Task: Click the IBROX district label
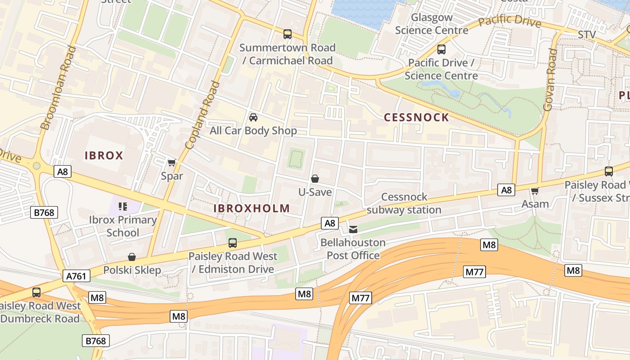point(104,156)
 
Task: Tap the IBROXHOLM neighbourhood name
point(252,208)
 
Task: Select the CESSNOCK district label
point(416,118)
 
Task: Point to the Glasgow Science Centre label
point(432,24)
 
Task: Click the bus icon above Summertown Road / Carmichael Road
point(287,34)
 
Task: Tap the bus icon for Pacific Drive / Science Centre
point(441,49)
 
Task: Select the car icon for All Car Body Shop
point(253,117)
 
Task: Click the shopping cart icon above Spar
point(171,162)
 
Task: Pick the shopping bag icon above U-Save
point(315,179)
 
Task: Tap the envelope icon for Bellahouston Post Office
point(353,229)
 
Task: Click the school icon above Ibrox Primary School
point(123,207)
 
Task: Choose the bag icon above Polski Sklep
point(132,257)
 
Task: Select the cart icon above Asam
point(535,191)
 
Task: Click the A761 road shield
point(76,276)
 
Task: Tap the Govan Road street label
point(550,80)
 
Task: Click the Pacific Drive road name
point(509,21)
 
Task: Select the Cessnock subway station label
point(404,203)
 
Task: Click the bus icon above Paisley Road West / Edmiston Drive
point(232,243)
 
